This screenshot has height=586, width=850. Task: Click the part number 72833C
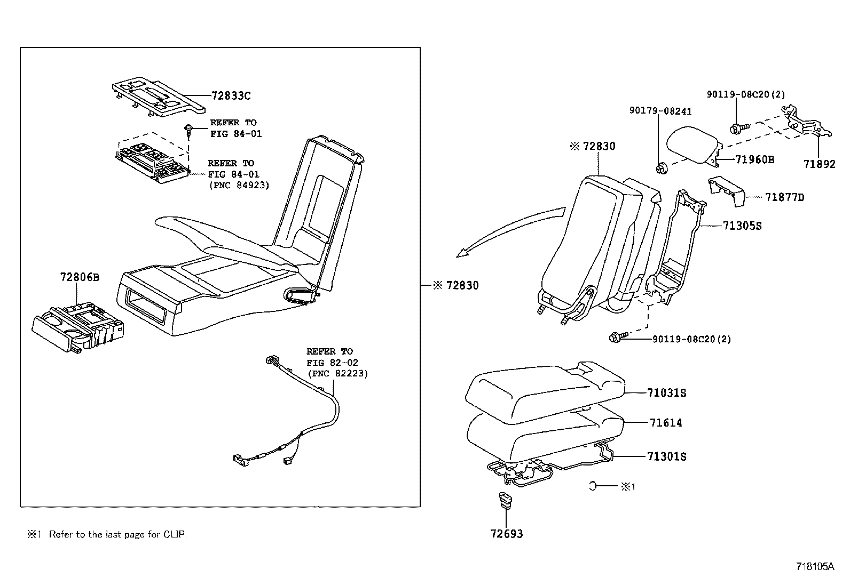(x=231, y=97)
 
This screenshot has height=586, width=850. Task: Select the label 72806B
(x=80, y=277)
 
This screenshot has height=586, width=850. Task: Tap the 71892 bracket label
(x=819, y=164)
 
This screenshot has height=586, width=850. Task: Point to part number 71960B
(x=754, y=159)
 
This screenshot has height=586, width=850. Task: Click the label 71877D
(x=784, y=198)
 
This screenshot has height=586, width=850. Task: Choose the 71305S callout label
(x=742, y=226)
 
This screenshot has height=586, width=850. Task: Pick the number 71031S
(x=666, y=394)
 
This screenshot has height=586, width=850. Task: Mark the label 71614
(x=666, y=423)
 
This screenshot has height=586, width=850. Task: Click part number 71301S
(x=666, y=457)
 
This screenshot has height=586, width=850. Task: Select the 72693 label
(x=507, y=534)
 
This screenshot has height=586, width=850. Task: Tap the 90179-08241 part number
(x=660, y=111)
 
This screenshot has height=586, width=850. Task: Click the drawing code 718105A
(x=815, y=566)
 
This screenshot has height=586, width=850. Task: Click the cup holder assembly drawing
(x=79, y=327)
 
